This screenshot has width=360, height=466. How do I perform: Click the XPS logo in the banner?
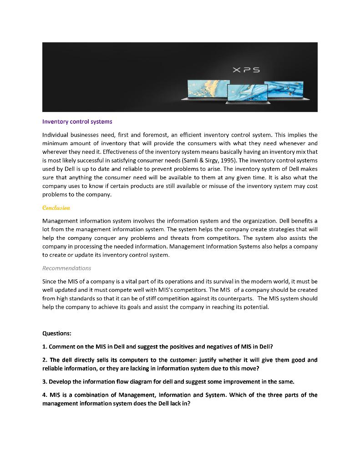tap(246, 70)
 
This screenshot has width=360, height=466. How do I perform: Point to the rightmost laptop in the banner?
tap(284, 90)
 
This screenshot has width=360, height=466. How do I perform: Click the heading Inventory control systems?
tap(77, 122)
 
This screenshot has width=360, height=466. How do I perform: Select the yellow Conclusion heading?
tap(56, 208)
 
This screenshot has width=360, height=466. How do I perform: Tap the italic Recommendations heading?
tap(66, 268)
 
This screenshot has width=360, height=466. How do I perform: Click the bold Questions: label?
tap(57, 333)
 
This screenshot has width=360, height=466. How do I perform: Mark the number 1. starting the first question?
tap(45, 347)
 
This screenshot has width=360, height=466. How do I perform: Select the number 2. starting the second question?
tap(45, 360)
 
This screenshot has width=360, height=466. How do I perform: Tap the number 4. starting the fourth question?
tap(45, 395)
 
